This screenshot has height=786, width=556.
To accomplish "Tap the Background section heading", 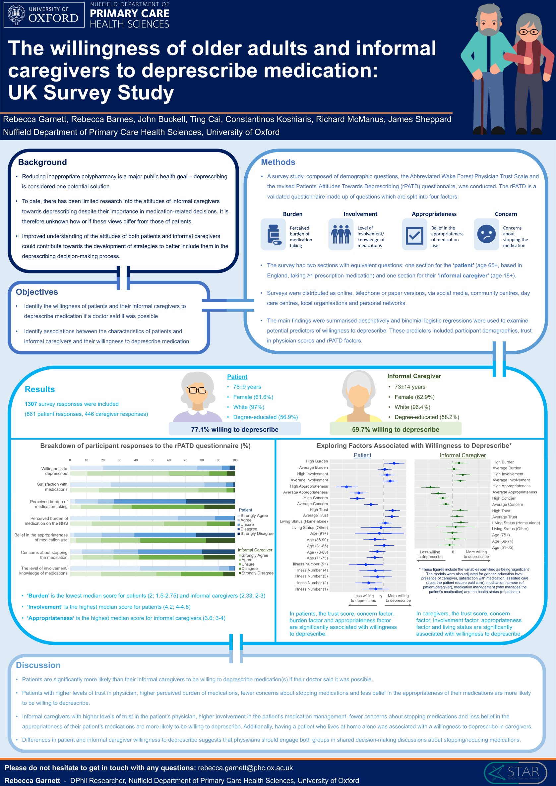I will coord(42,162).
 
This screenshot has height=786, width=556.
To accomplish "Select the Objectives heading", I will coord(37,292).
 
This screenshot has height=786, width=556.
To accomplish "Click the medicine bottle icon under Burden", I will coord(274,234).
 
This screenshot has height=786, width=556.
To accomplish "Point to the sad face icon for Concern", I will coord(486,234).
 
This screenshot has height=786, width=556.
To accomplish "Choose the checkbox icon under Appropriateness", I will coord(414,235).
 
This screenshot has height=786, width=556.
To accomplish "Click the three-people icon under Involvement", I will coord(340,234).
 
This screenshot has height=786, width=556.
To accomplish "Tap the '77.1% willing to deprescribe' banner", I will coord(234,429).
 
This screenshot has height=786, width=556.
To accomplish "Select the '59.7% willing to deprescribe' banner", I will coord(396,429).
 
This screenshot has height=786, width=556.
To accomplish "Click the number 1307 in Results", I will coord(31,404).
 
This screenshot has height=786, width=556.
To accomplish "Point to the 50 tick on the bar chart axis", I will coord(153,460).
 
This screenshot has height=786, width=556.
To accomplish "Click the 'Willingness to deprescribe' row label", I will coord(54,471).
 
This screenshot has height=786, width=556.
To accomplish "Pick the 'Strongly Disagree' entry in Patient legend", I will coord(256,533).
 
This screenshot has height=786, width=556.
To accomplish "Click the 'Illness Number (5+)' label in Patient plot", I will coord(310,564).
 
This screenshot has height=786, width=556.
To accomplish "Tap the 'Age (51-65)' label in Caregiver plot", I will coord(503,547).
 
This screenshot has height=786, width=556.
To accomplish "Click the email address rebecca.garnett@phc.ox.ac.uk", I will coord(245,768).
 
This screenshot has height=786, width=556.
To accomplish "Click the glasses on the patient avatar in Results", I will coord(196,390).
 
